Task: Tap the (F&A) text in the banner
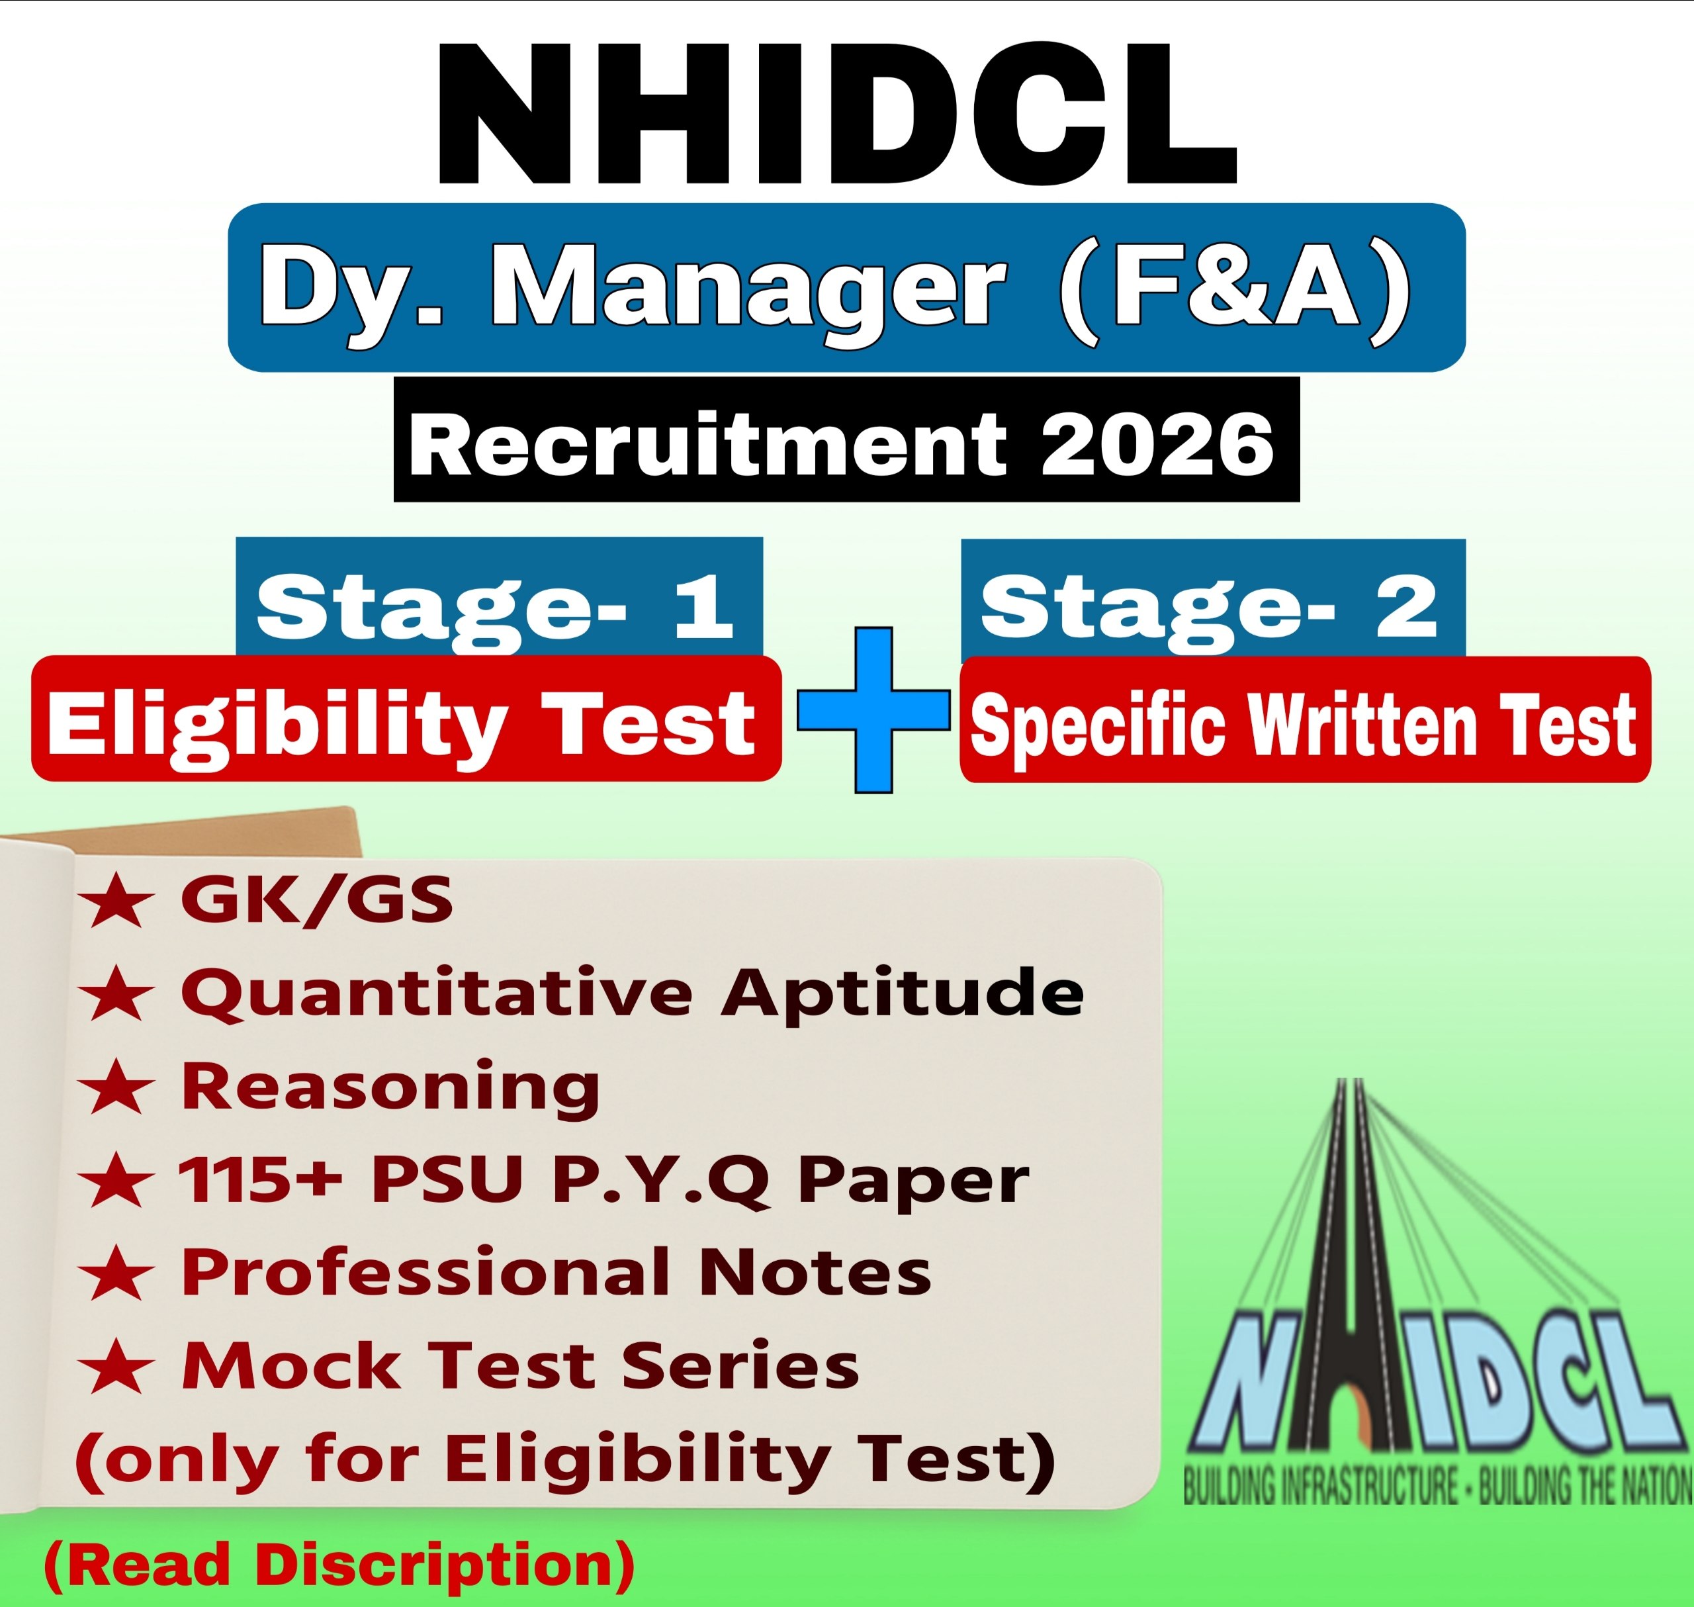click(x=1234, y=287)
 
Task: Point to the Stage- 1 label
click(x=497, y=606)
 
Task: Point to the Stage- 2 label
click(x=1209, y=606)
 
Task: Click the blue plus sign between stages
click(x=873, y=710)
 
